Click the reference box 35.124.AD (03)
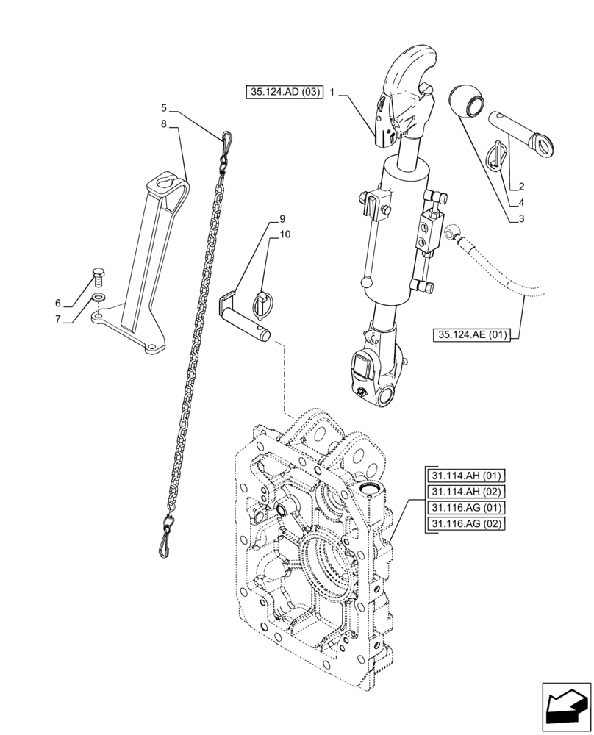tap(284, 93)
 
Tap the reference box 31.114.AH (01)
tap(465, 476)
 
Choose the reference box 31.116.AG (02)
tap(465, 524)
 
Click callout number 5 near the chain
tap(164, 107)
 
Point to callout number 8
tap(164, 125)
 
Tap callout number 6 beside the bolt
tap(58, 304)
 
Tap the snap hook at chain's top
tap(228, 137)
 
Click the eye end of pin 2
tap(543, 145)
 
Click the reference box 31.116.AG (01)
tap(465, 508)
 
